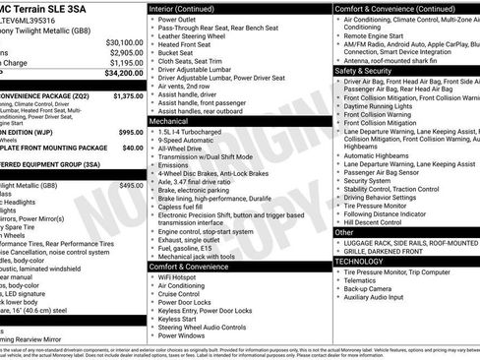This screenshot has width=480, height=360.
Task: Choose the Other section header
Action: pos(346,233)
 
